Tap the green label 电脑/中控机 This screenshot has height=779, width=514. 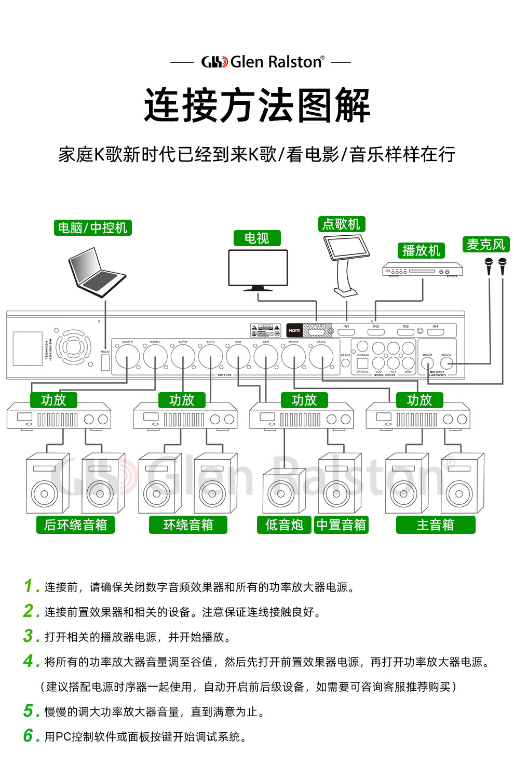point(92,228)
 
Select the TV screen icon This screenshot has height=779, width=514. point(258,268)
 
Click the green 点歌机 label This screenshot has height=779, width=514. point(341,224)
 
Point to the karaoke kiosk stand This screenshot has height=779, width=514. point(345,265)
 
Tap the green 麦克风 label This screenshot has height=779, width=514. point(485,245)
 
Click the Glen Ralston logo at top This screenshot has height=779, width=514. point(262,62)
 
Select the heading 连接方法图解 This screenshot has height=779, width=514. point(257,105)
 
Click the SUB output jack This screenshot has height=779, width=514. point(238,357)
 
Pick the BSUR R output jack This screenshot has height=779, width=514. point(127,357)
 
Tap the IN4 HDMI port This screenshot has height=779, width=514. point(435,332)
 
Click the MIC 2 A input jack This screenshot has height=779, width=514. point(446,364)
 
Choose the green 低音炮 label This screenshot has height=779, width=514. point(284,525)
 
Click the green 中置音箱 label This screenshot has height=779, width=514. point(341,525)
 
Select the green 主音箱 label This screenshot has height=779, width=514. point(435,525)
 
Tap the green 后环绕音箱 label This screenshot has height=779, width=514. point(75,525)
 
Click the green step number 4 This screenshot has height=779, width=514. point(31,661)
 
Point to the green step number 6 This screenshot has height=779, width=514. point(31,736)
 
